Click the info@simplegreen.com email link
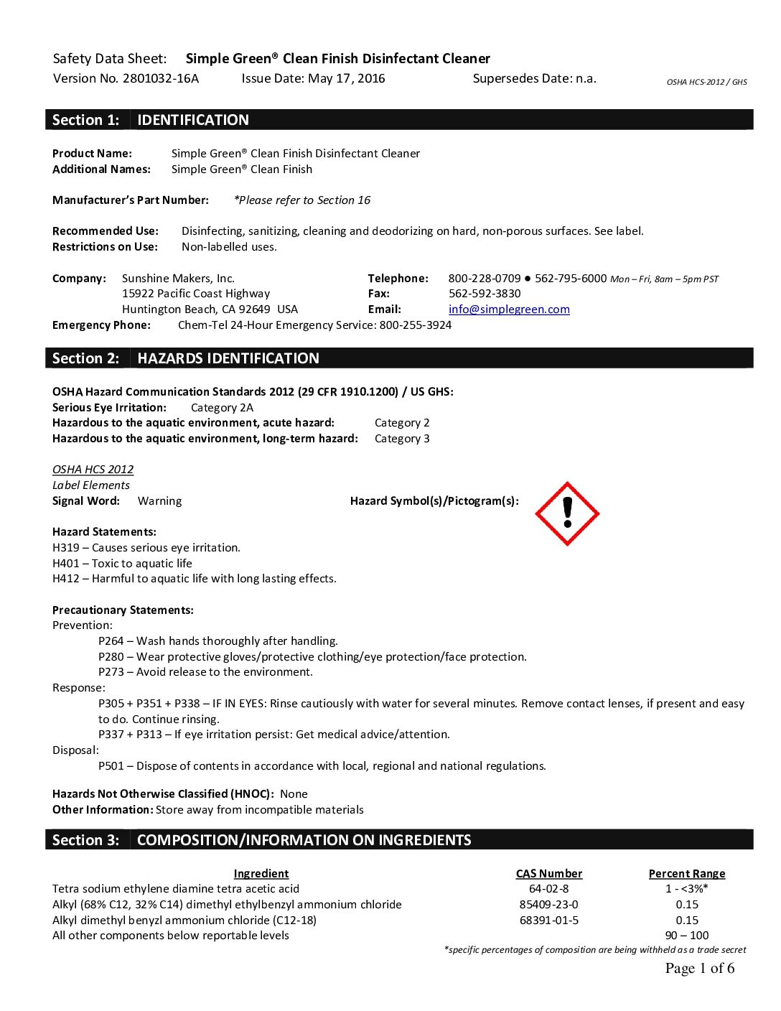[x=509, y=309]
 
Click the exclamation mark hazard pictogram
[x=567, y=513]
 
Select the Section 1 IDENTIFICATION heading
[x=192, y=120]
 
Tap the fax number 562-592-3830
[x=485, y=294]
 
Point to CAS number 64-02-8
[x=548, y=889]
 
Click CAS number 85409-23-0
[x=548, y=905]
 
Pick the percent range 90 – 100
[x=686, y=936]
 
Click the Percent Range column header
[x=686, y=874]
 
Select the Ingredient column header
[x=261, y=874]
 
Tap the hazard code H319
[x=66, y=548]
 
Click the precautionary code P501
[x=111, y=766]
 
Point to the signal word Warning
[x=159, y=501]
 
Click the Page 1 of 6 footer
[x=699, y=969]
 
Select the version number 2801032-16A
[x=160, y=78]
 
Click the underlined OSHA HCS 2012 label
[x=93, y=470]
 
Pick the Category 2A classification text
[x=222, y=408]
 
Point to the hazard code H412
[x=66, y=579]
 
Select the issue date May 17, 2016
[x=346, y=78]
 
